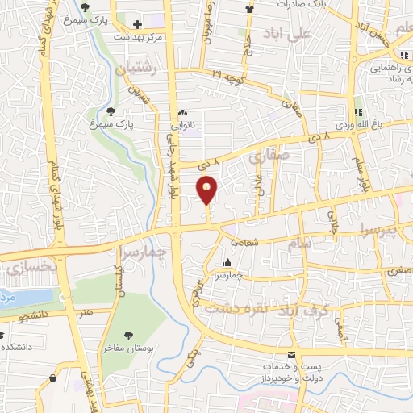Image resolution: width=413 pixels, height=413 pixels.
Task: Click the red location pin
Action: pyautogui.click(x=207, y=190)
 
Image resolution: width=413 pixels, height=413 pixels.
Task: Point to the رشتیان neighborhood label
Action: pyautogui.click(x=134, y=71)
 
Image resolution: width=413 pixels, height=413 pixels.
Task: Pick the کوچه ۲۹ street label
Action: pyautogui.click(x=228, y=77)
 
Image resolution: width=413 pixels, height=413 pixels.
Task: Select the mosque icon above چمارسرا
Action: pyautogui.click(x=227, y=262)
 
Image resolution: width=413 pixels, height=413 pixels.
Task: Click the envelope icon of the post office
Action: pyautogui.click(x=291, y=354)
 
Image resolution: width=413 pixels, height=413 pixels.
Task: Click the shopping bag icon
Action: pyautogui.click(x=53, y=377)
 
